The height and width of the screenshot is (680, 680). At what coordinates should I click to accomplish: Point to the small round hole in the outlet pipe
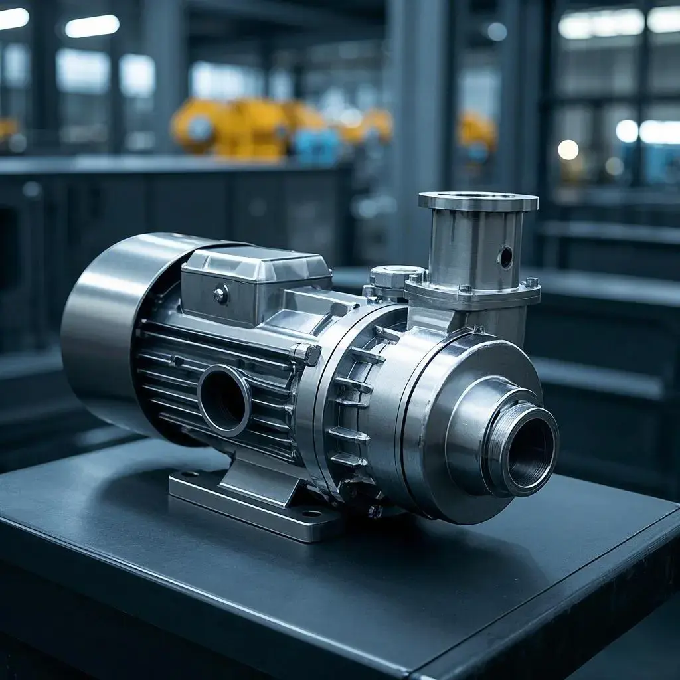pos(506,257)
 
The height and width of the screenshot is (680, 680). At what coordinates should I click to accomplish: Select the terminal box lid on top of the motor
pos(256,263)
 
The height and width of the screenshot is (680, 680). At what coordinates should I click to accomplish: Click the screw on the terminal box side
pos(221,294)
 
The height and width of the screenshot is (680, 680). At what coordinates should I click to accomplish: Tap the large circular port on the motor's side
pos(224,400)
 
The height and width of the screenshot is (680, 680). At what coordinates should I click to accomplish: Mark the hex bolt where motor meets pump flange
pos(307,353)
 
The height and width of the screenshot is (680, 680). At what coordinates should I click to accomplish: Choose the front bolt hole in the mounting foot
pos(311,513)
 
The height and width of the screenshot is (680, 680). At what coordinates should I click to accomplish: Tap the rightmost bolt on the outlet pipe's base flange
pos(531,282)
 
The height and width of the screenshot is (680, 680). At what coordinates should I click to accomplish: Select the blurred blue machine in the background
pos(316,146)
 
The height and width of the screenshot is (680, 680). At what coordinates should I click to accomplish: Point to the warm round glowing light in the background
pos(568,150)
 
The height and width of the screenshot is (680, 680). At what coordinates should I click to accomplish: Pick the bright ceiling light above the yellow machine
pos(92,26)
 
